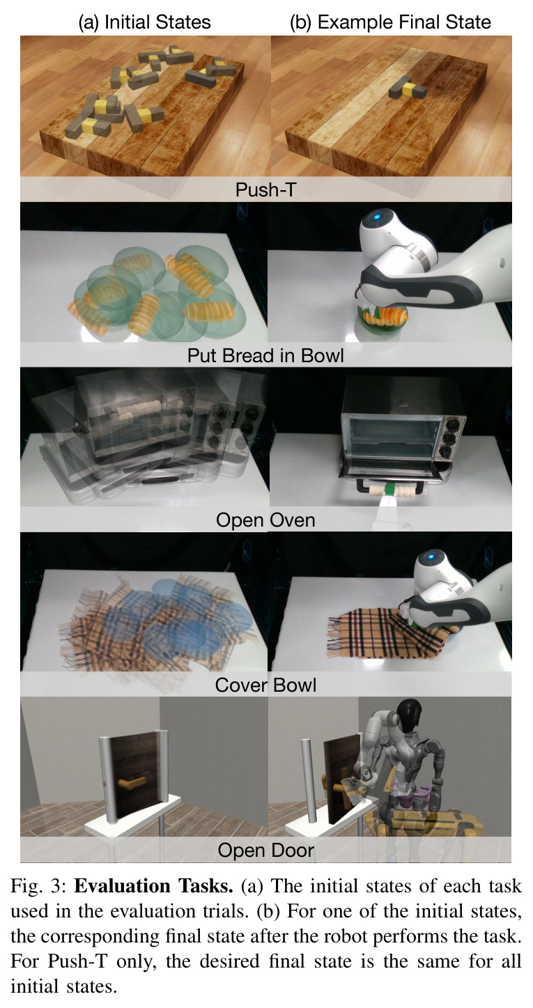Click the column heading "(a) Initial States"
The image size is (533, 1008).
(144, 22)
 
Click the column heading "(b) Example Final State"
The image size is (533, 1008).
(390, 22)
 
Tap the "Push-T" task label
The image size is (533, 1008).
(265, 189)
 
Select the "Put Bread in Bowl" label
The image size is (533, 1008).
(265, 355)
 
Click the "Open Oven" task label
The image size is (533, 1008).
(265, 520)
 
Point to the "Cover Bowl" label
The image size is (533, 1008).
(265, 685)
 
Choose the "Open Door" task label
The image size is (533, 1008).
(265, 850)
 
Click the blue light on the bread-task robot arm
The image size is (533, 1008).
(376, 217)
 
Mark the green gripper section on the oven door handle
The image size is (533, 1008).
(390, 489)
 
